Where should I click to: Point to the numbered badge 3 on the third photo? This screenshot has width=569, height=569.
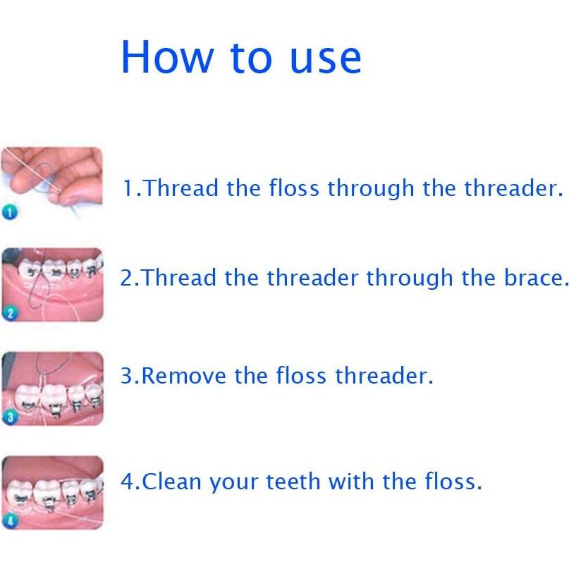pos(9,417)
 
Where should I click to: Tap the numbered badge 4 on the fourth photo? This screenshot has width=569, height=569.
pos(9,521)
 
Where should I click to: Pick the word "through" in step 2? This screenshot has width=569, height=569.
pos(410,279)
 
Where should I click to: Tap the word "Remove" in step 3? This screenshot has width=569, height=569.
pos(185,375)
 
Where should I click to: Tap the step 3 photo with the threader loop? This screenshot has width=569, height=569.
pos(54,388)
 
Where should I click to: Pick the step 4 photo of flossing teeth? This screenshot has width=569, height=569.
pos(54,491)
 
